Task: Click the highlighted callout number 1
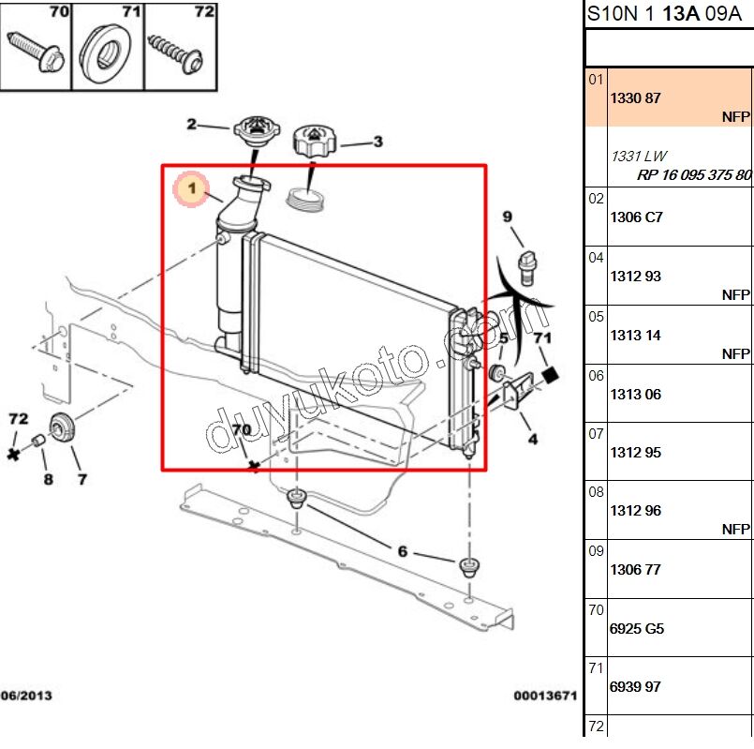click(x=191, y=190)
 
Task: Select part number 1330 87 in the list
click(x=636, y=98)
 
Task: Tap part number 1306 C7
click(x=636, y=217)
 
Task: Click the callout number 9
click(x=507, y=217)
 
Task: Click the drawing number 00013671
click(x=544, y=696)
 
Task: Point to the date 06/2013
click(x=25, y=696)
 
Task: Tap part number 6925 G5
click(x=637, y=629)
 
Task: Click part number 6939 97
click(x=636, y=687)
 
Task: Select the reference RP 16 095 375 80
click(x=694, y=175)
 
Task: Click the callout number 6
click(x=402, y=551)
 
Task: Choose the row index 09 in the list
click(x=596, y=551)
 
